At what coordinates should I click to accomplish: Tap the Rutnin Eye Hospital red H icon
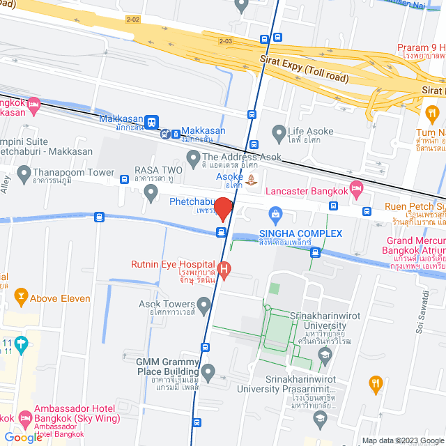[224, 269]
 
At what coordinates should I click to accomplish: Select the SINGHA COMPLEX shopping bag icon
[275, 213]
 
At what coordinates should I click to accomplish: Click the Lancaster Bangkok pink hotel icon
[356, 187]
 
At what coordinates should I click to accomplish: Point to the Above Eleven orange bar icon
[21, 298]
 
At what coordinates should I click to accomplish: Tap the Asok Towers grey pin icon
[203, 304]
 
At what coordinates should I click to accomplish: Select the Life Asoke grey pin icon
[279, 131]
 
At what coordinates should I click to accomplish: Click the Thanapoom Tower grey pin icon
[25, 172]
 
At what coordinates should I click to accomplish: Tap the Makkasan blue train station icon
[152, 121]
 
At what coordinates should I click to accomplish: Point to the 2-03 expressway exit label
[225, 41]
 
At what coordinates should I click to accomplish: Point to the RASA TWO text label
[159, 170]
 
